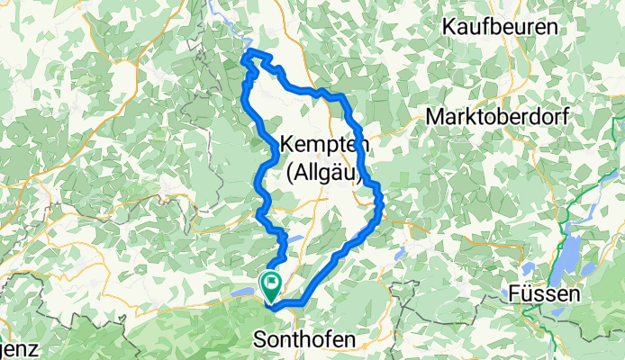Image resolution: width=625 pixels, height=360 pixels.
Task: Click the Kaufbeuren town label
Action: coord(499,28)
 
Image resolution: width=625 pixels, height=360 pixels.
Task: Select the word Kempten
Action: coord(322,144)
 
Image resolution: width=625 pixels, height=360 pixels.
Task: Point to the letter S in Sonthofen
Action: coord(259,339)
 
